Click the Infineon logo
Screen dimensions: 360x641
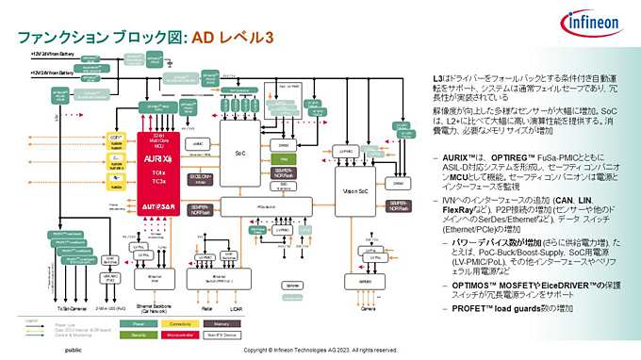pos(591,23)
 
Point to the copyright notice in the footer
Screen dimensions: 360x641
pos(320,350)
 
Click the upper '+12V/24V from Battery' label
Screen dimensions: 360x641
pos(57,56)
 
